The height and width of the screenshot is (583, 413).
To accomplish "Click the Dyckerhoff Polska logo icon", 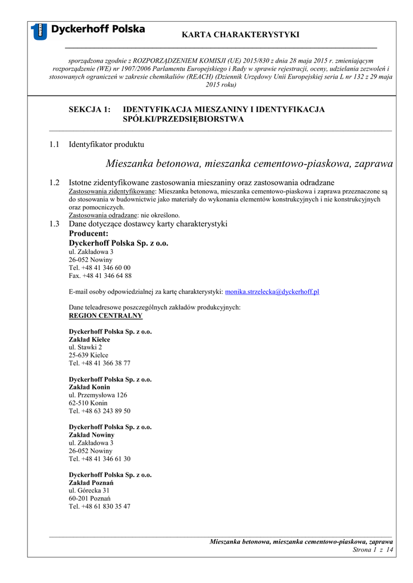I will pos(39,31).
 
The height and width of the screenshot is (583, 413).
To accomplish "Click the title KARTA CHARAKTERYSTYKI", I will pos(240,35).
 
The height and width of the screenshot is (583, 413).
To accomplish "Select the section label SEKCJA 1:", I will pos(89,109).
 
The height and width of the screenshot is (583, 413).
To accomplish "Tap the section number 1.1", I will pos(54,145).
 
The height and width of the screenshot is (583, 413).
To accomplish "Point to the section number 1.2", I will pos(54,183).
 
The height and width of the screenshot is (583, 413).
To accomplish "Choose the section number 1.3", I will pos(54,224).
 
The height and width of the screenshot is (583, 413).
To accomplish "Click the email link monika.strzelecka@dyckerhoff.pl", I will pos(272,291).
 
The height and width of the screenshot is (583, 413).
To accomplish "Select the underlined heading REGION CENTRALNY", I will pos(105,315).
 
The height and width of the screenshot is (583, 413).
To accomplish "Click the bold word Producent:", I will pos(88,233).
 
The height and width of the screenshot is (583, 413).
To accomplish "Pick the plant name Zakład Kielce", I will pos(89,339).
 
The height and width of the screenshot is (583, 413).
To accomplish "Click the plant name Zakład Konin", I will pos(89,387).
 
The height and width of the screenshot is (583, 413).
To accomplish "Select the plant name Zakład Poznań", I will pos(91,483).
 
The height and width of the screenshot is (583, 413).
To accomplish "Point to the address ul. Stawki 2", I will pos(85,347).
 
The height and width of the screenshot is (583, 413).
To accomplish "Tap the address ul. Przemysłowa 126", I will pos(98,395).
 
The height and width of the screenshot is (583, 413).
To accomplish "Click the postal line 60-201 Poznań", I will pos(89,499).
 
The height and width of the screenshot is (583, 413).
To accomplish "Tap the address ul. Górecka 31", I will pos(89,491).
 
